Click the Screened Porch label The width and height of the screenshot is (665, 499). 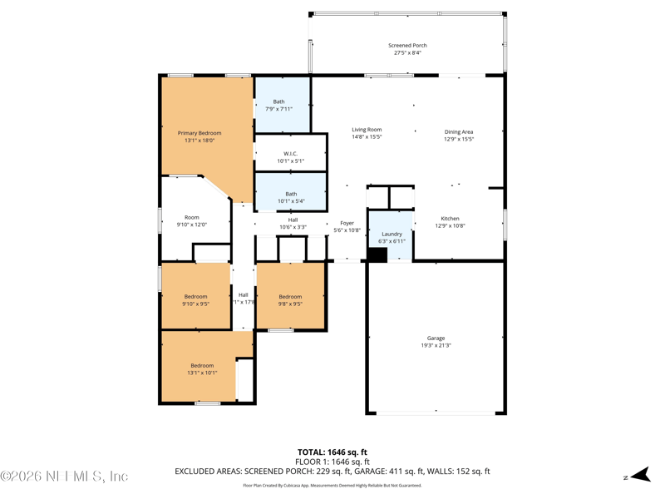click(x=407, y=46)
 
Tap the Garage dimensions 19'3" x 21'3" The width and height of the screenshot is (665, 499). click(x=436, y=346)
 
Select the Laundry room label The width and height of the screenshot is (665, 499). click(x=392, y=235)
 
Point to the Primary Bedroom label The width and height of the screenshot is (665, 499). click(x=199, y=133)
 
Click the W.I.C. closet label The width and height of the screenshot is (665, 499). click(x=290, y=154)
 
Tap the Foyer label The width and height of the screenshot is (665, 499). click(x=347, y=223)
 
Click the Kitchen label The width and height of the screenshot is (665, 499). click(x=450, y=219)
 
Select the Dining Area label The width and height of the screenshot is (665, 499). click(x=458, y=131)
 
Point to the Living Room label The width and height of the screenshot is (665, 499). click(x=367, y=130)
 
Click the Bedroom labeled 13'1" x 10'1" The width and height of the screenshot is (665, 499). click(x=202, y=366)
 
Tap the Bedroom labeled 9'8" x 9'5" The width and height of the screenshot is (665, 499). click(x=290, y=297)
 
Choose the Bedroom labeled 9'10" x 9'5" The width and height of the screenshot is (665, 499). click(x=195, y=297)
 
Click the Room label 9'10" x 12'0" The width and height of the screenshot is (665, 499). click(x=192, y=218)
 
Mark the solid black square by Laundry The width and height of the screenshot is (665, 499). click(x=377, y=254)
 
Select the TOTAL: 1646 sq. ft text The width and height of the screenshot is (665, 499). click(x=333, y=452)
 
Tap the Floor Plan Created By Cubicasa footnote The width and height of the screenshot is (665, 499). click(x=332, y=485)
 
